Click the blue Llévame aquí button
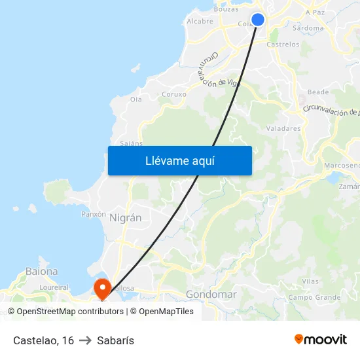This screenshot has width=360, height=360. click(x=179, y=160)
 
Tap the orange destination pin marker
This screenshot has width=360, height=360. click(x=102, y=288)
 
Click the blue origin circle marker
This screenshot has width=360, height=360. click(x=258, y=20)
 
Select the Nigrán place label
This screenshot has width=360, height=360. click(x=126, y=218)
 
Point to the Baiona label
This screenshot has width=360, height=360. click(x=41, y=271)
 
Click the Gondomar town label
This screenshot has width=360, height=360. click(x=211, y=295)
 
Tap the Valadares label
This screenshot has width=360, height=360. click(x=284, y=128)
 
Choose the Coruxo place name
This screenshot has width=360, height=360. click(x=174, y=94)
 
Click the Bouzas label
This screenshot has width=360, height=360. click(x=226, y=9)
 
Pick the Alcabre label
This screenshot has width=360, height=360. click(x=200, y=21)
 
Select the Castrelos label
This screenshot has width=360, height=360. click(x=283, y=45)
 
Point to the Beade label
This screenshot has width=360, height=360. click(x=318, y=92)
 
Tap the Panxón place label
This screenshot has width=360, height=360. click(x=93, y=214)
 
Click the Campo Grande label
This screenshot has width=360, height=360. click(x=315, y=297)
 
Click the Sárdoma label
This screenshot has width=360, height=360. click(x=309, y=28)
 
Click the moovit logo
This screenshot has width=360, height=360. click(x=321, y=339)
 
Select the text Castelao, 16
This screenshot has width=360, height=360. click(x=43, y=340)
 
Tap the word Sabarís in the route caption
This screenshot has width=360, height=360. click(x=115, y=340)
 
